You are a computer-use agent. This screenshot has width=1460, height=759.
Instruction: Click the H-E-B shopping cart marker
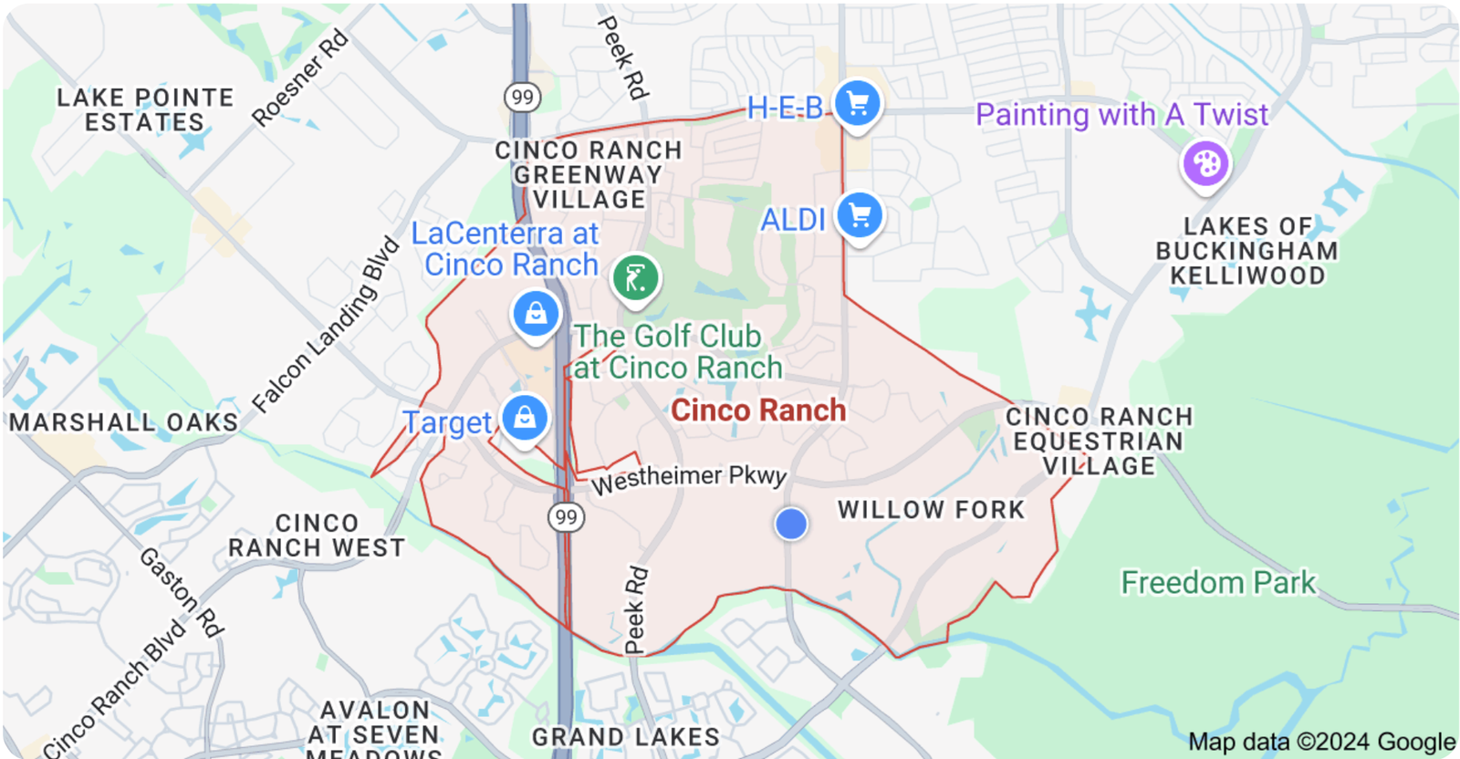click(x=857, y=103)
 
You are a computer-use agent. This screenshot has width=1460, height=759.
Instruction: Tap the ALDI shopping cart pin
click(x=859, y=216)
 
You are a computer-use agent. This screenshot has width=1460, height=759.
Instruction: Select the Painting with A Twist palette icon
click(x=1205, y=164)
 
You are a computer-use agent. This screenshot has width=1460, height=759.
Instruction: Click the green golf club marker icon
click(x=636, y=276)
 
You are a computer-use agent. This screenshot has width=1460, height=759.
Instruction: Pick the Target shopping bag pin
click(x=525, y=418)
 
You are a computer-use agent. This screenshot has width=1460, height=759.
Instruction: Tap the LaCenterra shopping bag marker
click(x=536, y=314)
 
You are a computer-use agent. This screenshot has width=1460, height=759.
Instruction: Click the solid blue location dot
click(x=791, y=524)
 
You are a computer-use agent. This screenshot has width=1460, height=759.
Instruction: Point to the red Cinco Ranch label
click(x=758, y=411)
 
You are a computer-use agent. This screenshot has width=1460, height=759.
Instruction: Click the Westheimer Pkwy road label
click(x=689, y=478)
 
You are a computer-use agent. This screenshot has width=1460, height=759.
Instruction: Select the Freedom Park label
click(x=1218, y=582)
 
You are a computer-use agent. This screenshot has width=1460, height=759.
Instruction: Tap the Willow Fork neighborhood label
click(x=931, y=510)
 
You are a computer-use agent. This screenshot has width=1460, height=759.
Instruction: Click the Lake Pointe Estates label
click(x=145, y=109)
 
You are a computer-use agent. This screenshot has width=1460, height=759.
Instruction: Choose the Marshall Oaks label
click(x=123, y=422)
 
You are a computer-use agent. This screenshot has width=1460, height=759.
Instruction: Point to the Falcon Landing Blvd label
click(x=326, y=325)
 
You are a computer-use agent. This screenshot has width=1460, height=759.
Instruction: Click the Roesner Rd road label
click(x=300, y=78)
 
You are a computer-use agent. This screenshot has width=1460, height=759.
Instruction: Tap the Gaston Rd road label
click(x=181, y=592)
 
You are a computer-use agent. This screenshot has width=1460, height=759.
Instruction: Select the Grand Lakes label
click(x=626, y=737)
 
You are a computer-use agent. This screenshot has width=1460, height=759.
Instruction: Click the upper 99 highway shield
click(x=522, y=98)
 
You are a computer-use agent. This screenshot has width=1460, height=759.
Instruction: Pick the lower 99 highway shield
click(x=566, y=517)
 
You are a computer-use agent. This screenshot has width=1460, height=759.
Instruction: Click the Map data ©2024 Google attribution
click(x=1321, y=742)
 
